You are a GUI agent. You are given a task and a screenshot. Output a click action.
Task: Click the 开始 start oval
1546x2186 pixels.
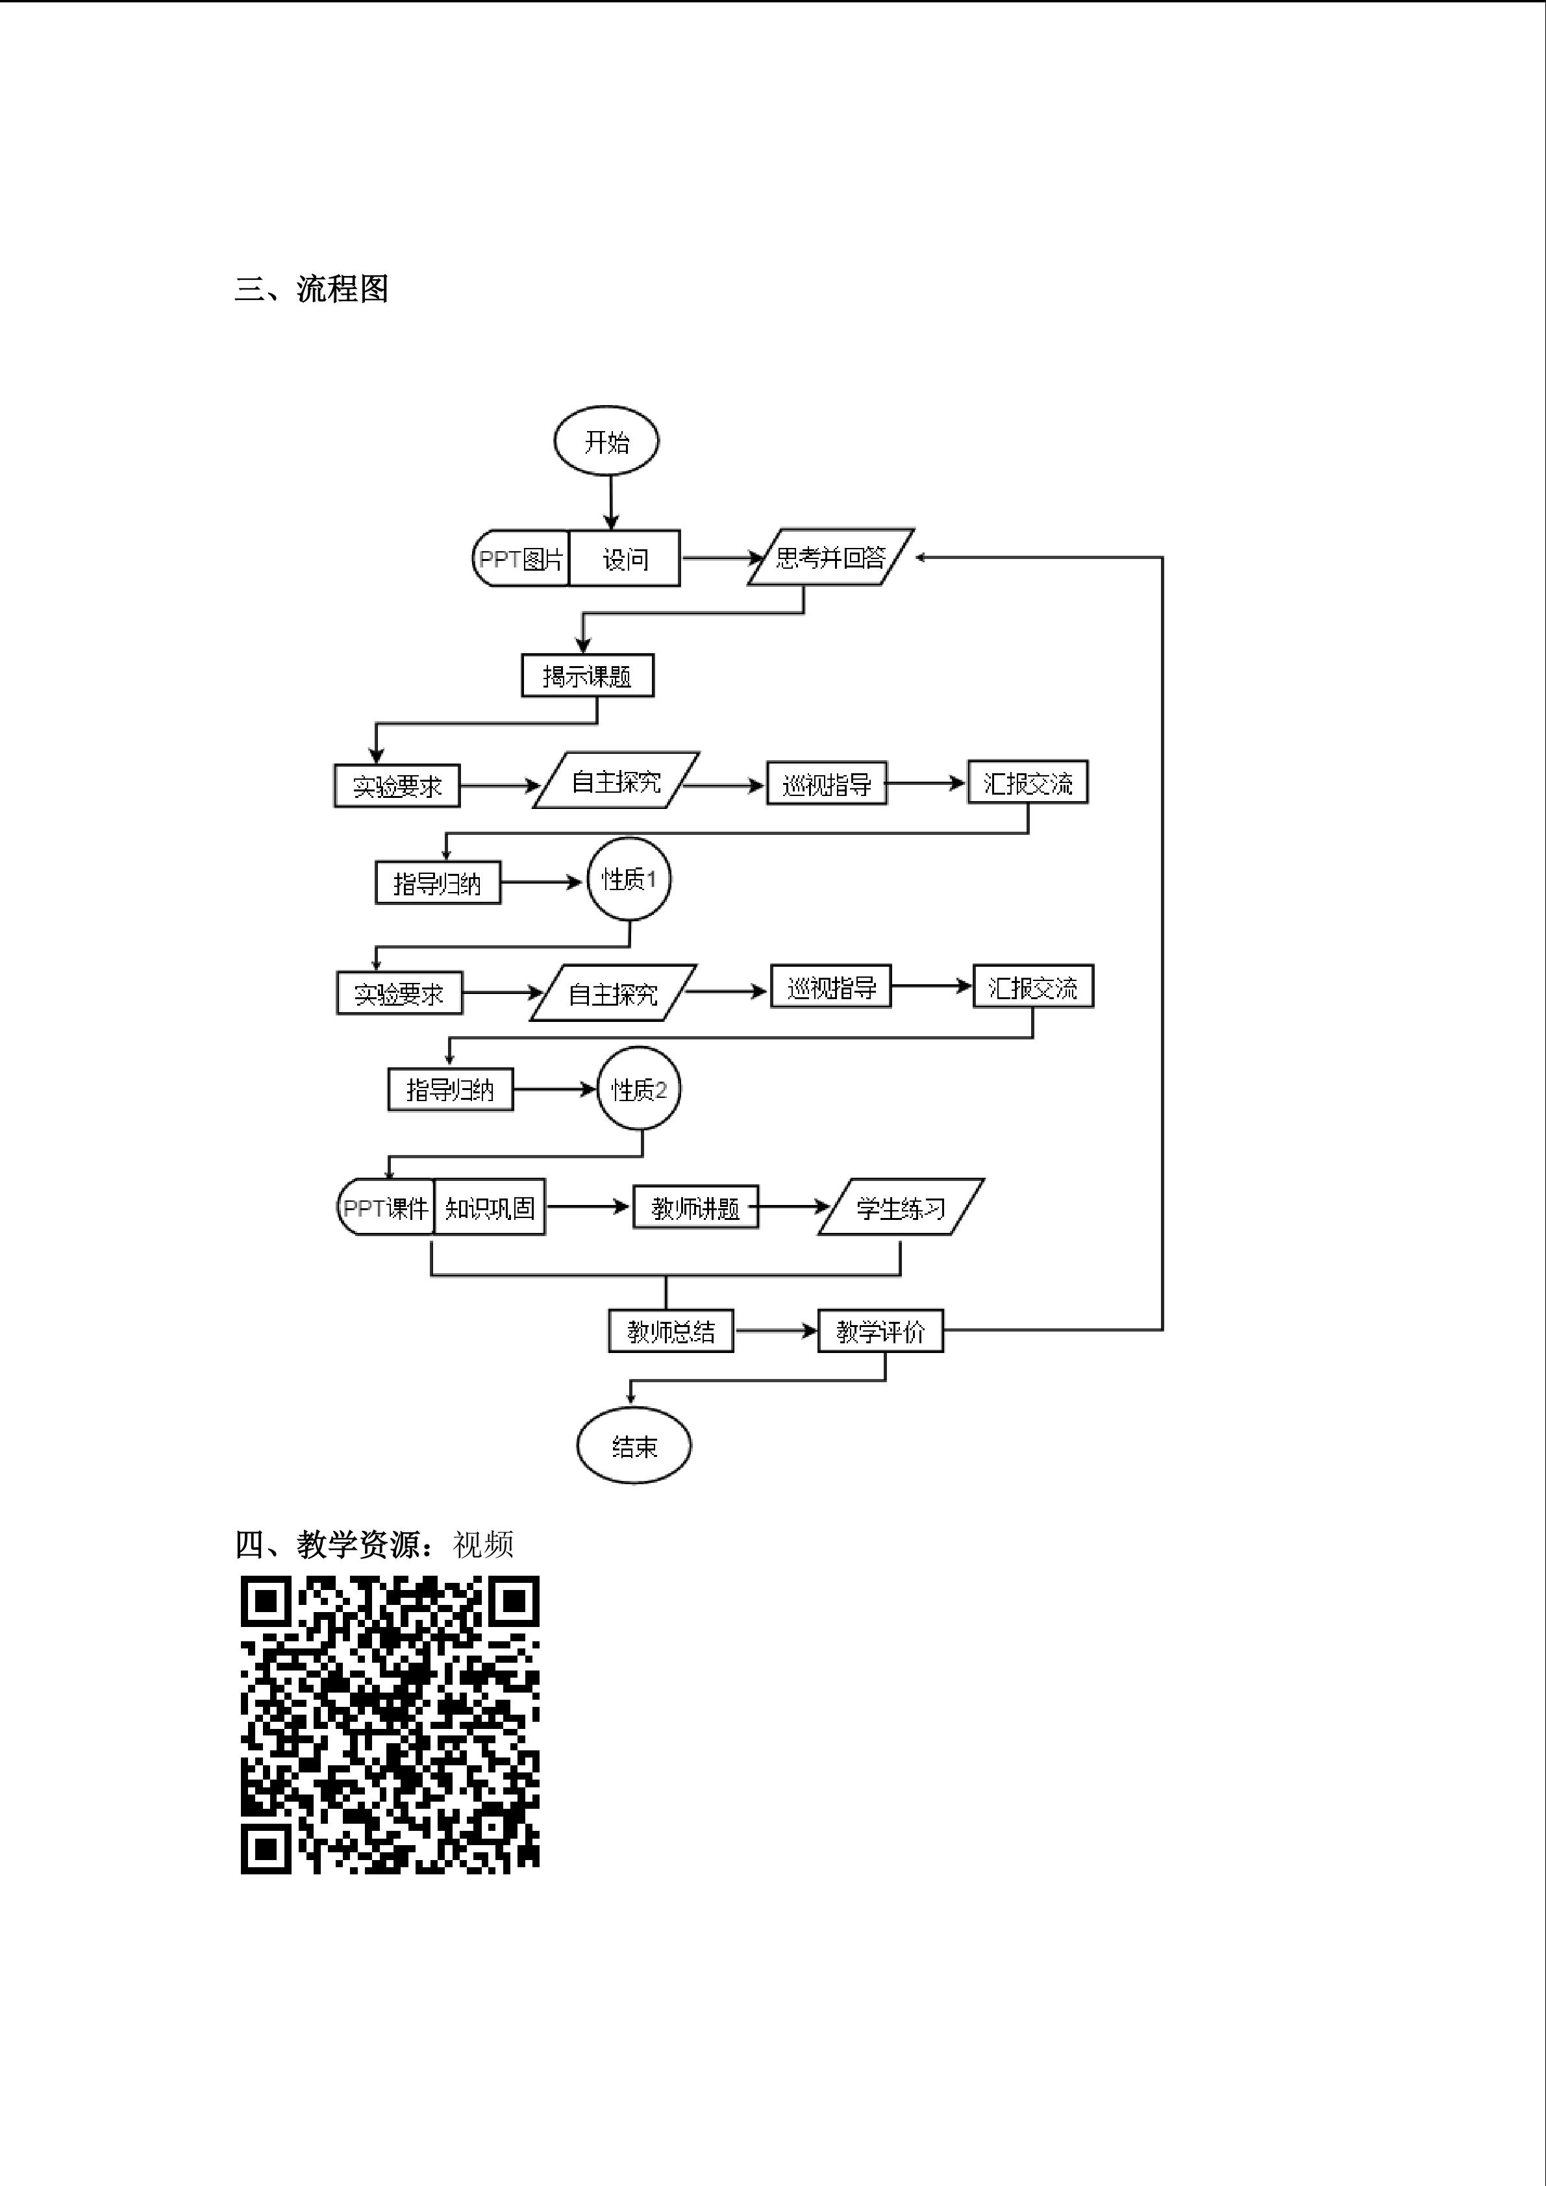(x=606, y=441)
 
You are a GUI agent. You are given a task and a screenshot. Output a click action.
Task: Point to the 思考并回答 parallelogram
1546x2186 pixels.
(x=830, y=557)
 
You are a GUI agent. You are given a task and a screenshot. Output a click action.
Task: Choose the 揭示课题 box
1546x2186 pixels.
(x=588, y=676)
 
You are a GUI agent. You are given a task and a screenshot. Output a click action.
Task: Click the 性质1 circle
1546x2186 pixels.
(x=629, y=879)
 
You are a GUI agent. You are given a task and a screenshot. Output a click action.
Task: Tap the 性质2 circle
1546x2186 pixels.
(x=639, y=1089)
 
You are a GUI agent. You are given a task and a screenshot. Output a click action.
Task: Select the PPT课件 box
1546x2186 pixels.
(x=386, y=1207)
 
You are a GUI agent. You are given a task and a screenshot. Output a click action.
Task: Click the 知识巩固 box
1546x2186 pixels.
(x=490, y=1207)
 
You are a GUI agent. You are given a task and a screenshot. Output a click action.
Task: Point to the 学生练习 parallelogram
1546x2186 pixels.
(x=901, y=1207)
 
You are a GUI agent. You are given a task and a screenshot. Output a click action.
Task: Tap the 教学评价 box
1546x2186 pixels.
(x=880, y=1331)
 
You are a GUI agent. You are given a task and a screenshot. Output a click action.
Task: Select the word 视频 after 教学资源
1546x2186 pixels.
(x=484, y=1545)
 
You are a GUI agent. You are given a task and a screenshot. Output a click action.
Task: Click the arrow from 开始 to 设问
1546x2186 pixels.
(x=611, y=502)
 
